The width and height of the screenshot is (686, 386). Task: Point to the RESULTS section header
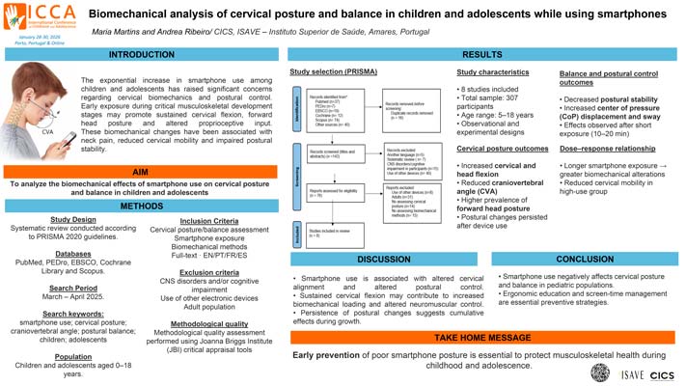pyautogui.click(x=482, y=54)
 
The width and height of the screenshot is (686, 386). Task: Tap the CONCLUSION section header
pyautogui.click(x=585, y=258)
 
